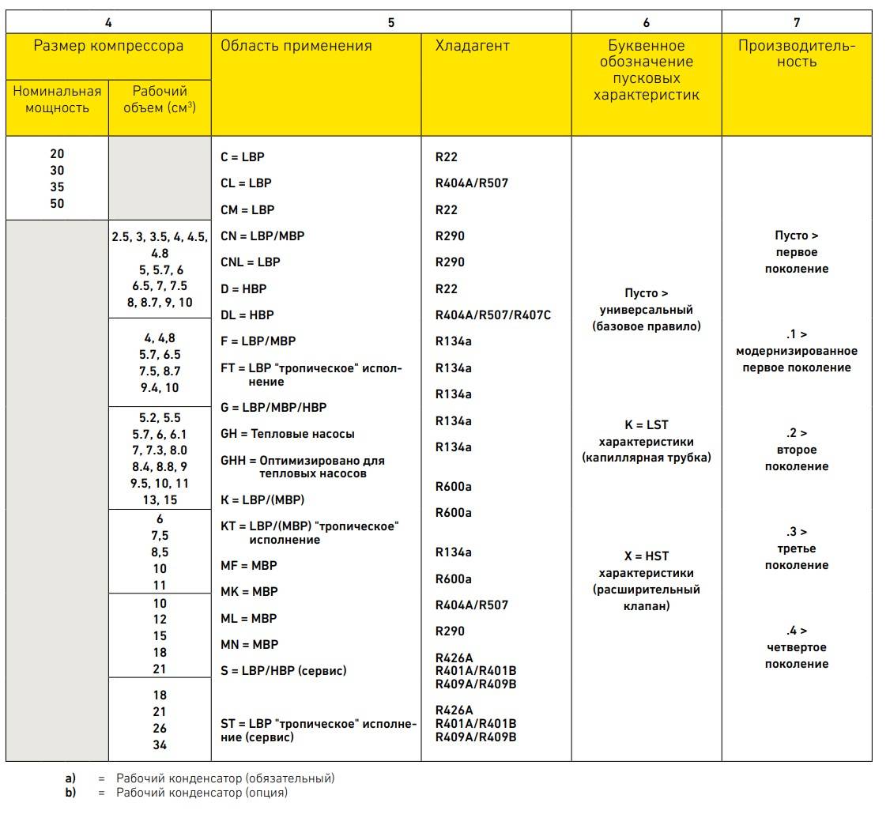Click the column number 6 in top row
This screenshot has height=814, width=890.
coord(646,23)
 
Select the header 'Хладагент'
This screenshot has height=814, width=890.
coord(472,46)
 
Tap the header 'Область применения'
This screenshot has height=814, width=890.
coord(296,46)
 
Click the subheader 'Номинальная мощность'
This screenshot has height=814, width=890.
coord(57,100)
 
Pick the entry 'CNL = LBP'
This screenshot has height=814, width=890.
coord(251,262)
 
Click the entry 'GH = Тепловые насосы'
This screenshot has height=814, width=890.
coord(288,434)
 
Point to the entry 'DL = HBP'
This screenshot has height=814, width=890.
coord(247,315)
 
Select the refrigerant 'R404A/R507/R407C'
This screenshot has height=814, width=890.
coord(492,315)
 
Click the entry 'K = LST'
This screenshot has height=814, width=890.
coord(646,425)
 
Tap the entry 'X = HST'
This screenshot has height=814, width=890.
coord(646,556)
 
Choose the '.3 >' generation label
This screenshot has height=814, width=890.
coord(797,532)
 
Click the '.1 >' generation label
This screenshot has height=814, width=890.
coord(797,334)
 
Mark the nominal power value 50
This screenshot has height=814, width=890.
coord(57,204)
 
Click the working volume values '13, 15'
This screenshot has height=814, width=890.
coord(160,500)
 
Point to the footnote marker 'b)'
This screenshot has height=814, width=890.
coord(70,792)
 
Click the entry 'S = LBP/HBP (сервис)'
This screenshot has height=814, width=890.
coord(284,671)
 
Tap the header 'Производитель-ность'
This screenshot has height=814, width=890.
coord(797,54)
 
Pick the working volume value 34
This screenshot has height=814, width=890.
coord(160,745)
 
